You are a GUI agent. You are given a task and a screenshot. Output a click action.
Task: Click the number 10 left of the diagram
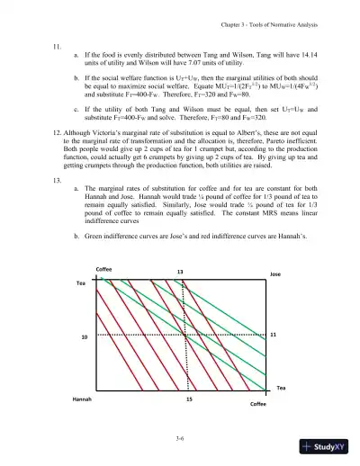pos(85,336)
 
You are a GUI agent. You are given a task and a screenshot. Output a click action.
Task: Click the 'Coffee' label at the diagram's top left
pos(103,269)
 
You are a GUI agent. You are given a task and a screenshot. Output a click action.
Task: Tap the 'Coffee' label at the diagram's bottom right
pos(257,405)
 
